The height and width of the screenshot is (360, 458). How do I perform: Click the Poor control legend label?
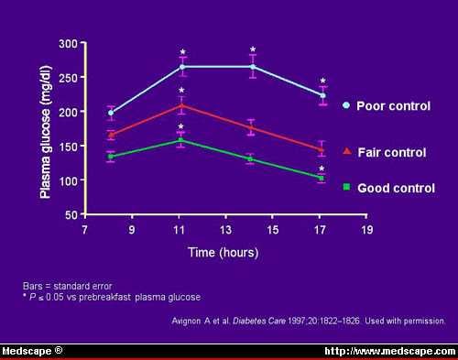coord(393,106)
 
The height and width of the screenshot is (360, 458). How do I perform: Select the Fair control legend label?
coord(390,151)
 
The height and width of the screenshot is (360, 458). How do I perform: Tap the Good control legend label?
coord(394,187)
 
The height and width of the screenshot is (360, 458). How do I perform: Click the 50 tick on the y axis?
coord(70,215)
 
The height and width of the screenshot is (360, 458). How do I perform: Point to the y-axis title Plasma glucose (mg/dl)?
coord(44,129)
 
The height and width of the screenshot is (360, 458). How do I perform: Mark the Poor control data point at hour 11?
coord(181,67)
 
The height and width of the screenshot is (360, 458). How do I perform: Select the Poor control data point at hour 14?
coord(253,67)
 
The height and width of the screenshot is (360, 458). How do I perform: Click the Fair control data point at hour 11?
coord(181,106)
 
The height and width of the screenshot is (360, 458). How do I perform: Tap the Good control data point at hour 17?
coord(322,179)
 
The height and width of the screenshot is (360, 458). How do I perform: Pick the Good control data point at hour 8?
coord(111,157)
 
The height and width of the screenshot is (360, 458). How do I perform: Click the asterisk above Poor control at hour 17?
coord(322,81)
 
